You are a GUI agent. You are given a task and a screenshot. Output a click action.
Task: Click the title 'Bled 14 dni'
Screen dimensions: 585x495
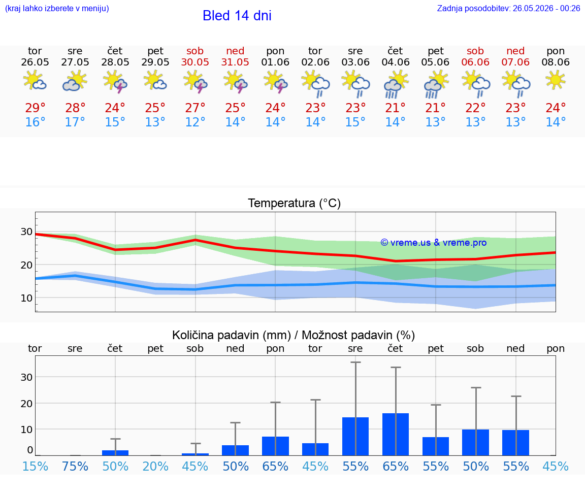point(237,16)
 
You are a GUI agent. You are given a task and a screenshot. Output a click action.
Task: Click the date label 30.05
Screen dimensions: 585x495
point(195,62)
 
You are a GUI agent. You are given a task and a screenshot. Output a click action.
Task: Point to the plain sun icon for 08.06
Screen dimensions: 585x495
point(556,80)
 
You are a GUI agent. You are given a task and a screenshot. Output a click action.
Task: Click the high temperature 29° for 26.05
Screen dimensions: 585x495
point(35,108)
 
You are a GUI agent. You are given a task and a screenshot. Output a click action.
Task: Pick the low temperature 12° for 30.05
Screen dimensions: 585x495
point(195,122)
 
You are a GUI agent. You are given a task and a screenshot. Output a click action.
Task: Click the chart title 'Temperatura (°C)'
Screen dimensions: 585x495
point(295,203)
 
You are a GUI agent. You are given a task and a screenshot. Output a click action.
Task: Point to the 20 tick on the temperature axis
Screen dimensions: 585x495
point(26,265)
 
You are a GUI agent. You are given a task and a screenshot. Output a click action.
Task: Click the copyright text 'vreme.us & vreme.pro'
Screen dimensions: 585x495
point(434,243)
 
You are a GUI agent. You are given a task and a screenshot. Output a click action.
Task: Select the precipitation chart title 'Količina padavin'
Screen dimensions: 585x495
point(232,335)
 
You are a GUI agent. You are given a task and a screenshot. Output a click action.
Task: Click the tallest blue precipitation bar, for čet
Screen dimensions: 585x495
point(396,434)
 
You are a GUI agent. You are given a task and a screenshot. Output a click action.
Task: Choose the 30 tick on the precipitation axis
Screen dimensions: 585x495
point(26,377)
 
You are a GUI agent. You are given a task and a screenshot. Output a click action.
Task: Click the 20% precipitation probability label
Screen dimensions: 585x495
point(155,466)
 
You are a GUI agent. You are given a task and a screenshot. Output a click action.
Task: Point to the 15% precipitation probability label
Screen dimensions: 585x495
point(36,466)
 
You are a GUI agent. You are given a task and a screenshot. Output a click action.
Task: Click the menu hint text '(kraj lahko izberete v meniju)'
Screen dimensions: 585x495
point(57,8)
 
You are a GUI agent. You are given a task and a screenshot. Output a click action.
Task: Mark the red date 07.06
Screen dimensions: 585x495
point(515,62)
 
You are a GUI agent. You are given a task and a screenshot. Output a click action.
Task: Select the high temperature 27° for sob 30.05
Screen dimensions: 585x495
point(195,108)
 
